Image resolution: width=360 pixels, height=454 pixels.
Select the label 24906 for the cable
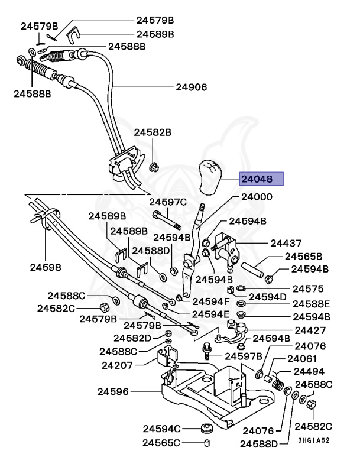click(191, 87)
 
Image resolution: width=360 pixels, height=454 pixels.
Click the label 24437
click(286, 243)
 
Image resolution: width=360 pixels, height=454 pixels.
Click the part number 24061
click(302, 359)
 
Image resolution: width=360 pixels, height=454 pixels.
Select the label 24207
click(117, 365)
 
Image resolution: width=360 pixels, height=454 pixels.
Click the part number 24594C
click(162, 428)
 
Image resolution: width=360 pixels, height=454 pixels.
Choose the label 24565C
click(162, 442)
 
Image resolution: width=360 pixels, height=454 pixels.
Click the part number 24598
click(46, 267)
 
